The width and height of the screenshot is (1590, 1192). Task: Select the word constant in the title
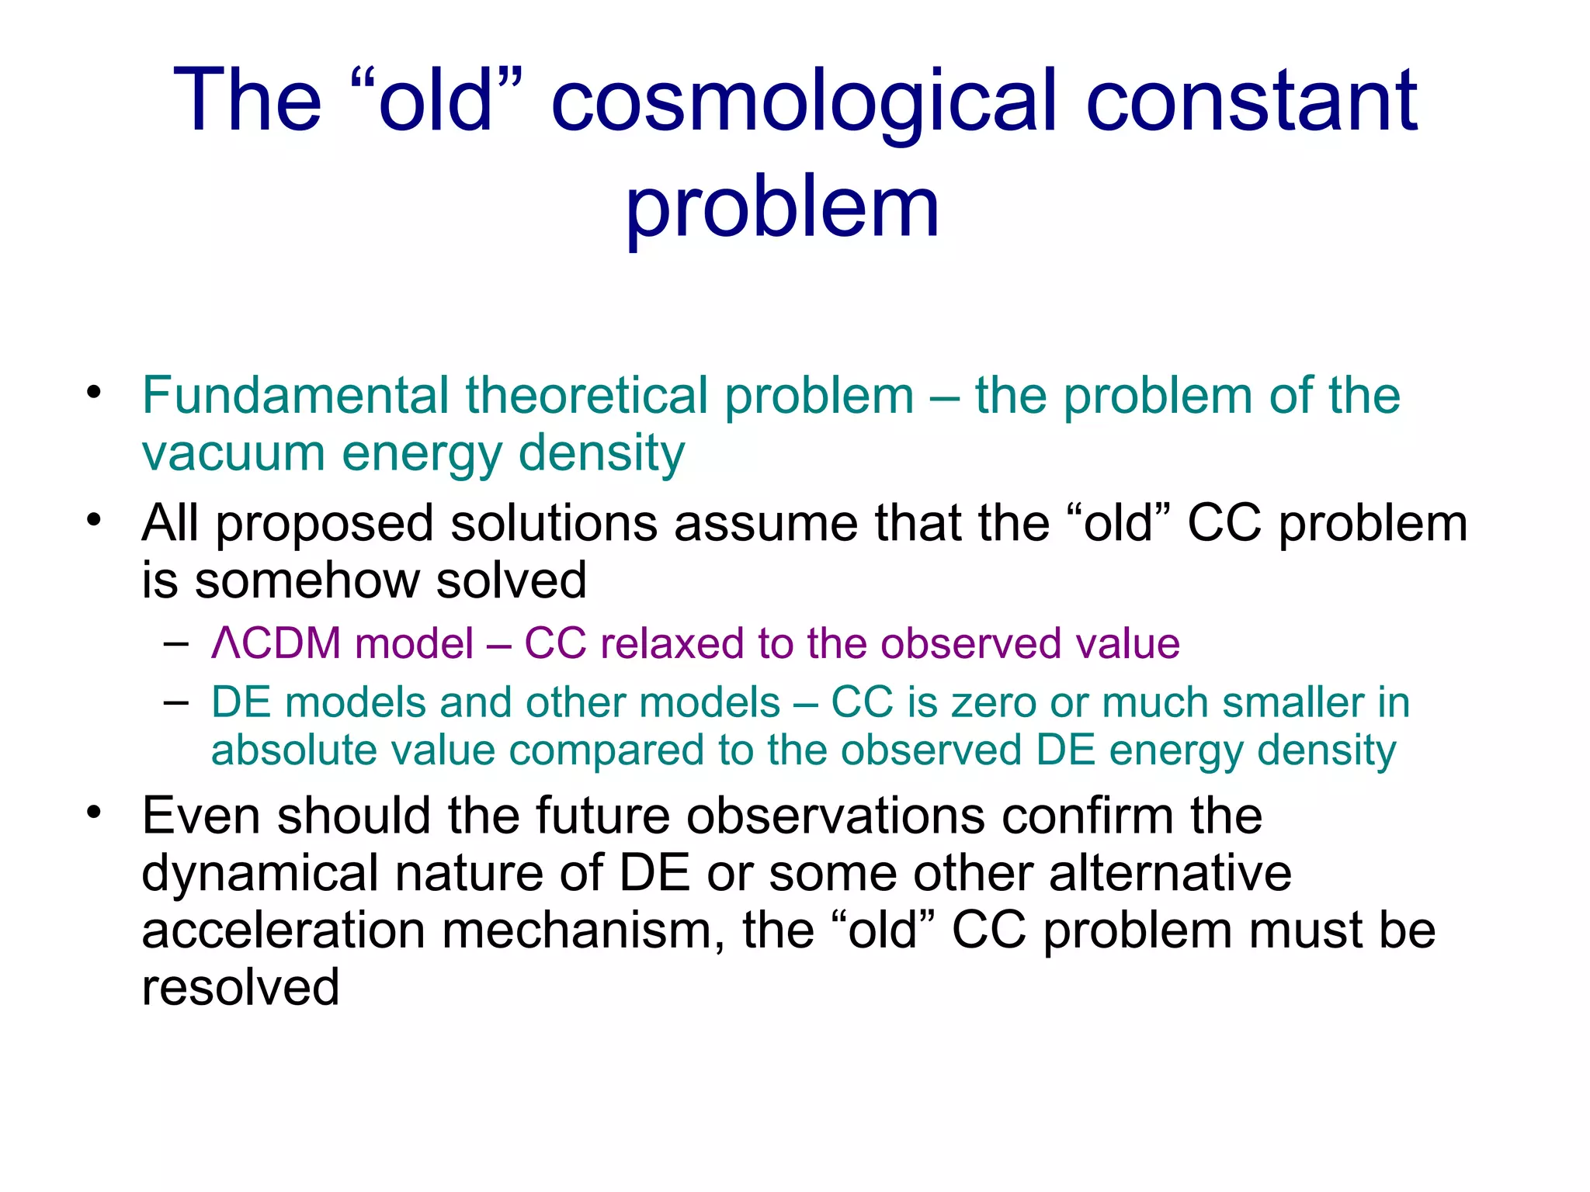tap(1252, 101)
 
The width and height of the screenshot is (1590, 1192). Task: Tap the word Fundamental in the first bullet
tap(295, 395)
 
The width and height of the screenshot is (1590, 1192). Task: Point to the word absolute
tap(293, 750)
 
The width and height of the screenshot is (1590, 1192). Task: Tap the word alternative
tap(1170, 873)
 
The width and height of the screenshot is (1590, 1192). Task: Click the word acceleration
tap(283, 931)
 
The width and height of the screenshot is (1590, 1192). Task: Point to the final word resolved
tap(241, 988)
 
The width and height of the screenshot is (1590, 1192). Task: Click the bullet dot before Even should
tap(95, 813)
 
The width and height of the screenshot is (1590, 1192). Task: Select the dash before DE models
tap(176, 702)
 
